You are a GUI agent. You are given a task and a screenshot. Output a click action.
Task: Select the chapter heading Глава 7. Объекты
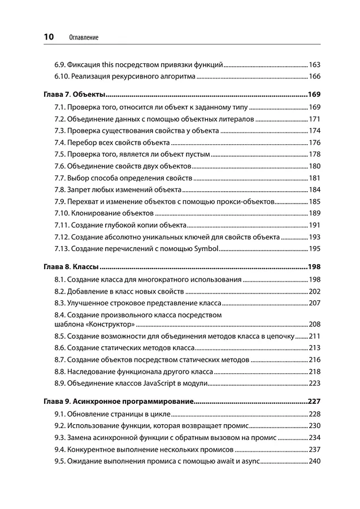75,94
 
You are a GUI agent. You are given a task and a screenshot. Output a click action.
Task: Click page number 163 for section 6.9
315,64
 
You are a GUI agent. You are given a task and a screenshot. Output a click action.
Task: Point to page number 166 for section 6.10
315,76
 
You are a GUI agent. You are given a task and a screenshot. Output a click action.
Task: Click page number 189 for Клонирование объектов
315,213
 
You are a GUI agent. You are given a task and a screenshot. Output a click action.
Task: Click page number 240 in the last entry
315,461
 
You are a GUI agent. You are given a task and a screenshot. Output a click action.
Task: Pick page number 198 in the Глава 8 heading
314,266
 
